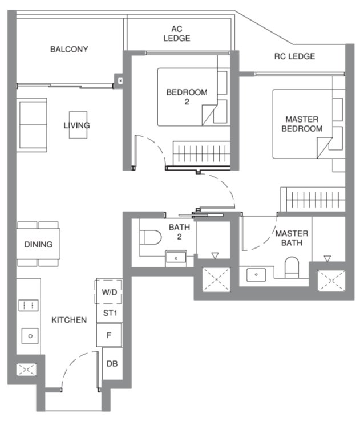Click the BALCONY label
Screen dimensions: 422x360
pos(69,49)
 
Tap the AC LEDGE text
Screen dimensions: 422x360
pos(176,34)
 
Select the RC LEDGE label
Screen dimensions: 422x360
pos(294,56)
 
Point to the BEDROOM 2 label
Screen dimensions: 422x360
pos(187,96)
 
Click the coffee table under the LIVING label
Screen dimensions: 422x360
pos(78,125)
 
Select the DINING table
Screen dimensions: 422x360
pos(38,245)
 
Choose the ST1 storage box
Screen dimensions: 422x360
pos(108,313)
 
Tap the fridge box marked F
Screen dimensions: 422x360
pos(108,335)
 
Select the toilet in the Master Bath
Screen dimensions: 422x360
pos(292,267)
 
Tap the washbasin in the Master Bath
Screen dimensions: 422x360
pos(257,274)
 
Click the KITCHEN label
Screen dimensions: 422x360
pos(69,320)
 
